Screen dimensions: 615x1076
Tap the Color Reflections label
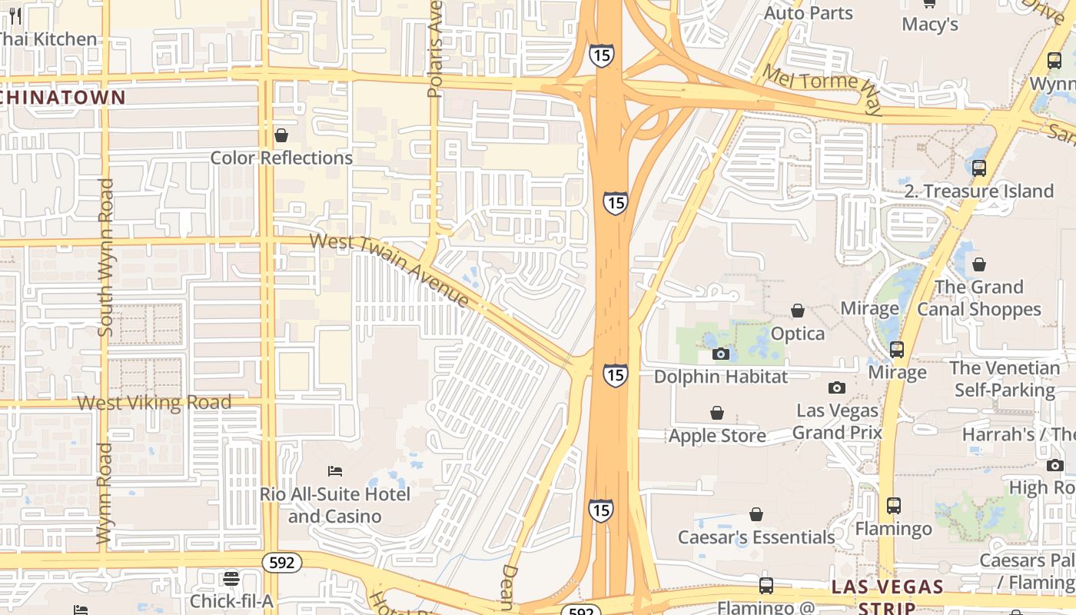(x=281, y=158)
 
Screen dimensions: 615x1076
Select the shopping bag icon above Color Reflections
(x=281, y=135)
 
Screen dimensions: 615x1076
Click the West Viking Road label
(x=154, y=402)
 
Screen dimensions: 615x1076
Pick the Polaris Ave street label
(x=435, y=50)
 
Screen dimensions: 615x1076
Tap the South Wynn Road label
(x=105, y=258)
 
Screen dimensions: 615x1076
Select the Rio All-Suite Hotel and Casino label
(x=334, y=505)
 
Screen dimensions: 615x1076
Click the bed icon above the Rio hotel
(x=334, y=470)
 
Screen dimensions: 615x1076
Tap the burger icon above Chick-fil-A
(x=231, y=578)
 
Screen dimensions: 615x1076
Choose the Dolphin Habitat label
(x=720, y=377)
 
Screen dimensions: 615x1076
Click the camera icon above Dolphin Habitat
(x=720, y=354)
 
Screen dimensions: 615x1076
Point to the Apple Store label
(x=716, y=436)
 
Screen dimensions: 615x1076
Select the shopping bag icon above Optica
(x=798, y=311)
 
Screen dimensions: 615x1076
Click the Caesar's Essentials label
(x=756, y=537)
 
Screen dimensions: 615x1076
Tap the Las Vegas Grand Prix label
(x=836, y=421)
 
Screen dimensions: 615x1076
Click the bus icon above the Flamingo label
(x=893, y=506)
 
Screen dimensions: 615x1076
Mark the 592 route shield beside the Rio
(x=282, y=563)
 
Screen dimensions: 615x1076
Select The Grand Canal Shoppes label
(x=978, y=298)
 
